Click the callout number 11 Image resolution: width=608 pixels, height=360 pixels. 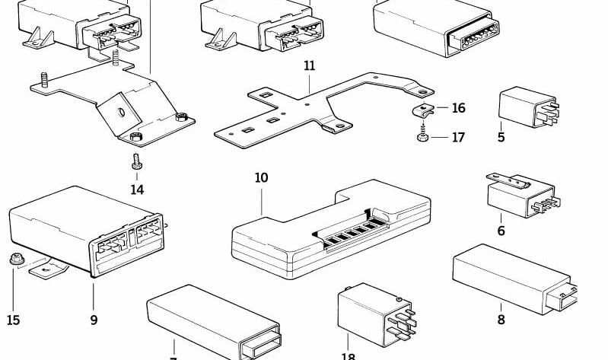pyautogui.click(x=309, y=66)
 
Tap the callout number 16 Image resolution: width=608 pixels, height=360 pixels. pyautogui.click(x=458, y=109)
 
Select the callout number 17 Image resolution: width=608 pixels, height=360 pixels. pyautogui.click(x=458, y=138)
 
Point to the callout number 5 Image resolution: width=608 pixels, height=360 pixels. pyautogui.click(x=501, y=138)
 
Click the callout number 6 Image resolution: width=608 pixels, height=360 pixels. pyautogui.click(x=501, y=231)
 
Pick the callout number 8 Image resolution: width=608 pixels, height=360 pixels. pyautogui.click(x=501, y=320)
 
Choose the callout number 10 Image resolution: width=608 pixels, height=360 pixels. pyautogui.click(x=261, y=178)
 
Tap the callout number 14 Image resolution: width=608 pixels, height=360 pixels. pyautogui.click(x=137, y=190)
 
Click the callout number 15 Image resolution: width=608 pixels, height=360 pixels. pyautogui.click(x=13, y=320)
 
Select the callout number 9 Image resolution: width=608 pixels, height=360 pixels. pyautogui.click(x=94, y=320)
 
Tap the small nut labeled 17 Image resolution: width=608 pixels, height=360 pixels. pyautogui.click(x=422, y=138)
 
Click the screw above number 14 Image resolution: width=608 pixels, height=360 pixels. pyautogui.click(x=136, y=161)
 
